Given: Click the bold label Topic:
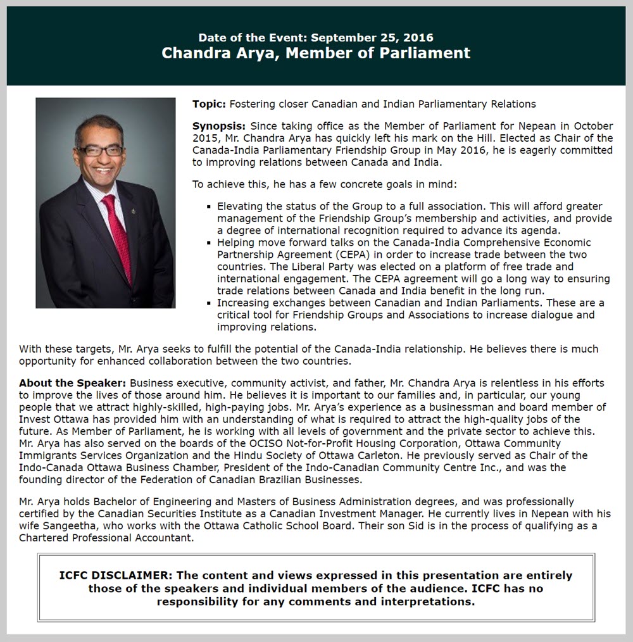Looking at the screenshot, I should click(209, 104).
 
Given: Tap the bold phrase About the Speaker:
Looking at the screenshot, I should click(73, 384).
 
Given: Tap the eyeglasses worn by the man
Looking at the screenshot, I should click(101, 151).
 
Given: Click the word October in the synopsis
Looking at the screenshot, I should click(593, 127).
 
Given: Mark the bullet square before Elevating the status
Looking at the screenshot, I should click(210, 207).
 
